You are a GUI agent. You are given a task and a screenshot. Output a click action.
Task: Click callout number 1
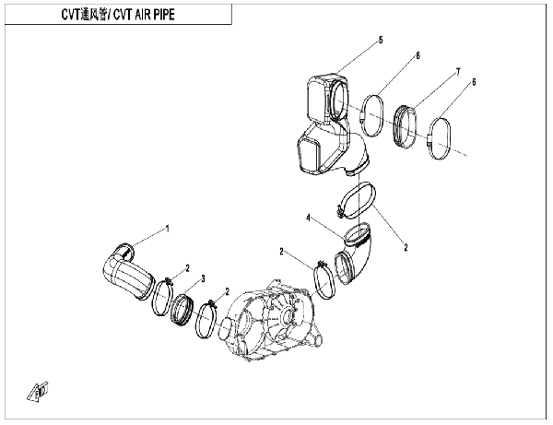(x=167, y=227)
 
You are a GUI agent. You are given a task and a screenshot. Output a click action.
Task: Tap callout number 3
(x=204, y=277)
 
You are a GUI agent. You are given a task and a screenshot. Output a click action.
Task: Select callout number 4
(x=311, y=218)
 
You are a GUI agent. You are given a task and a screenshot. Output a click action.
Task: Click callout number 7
(x=456, y=71)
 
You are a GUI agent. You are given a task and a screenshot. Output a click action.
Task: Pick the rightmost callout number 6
(x=474, y=82)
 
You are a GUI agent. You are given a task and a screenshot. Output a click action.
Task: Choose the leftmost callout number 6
(x=417, y=56)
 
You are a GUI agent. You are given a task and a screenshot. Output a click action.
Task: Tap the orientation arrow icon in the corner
(x=37, y=391)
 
